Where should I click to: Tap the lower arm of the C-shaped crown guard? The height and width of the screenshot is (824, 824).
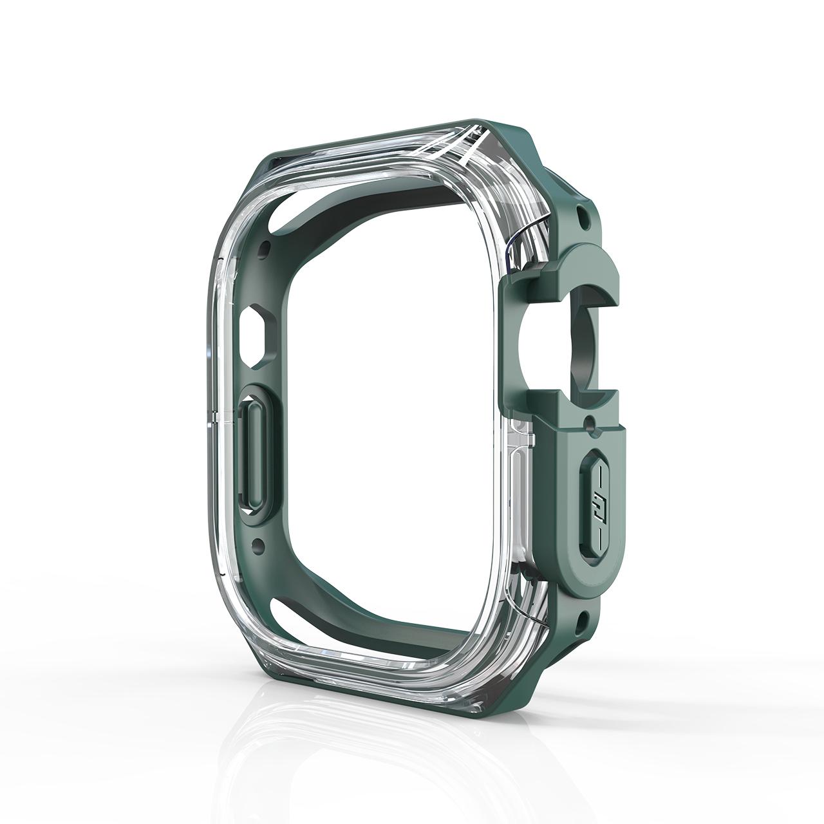(x=579, y=399)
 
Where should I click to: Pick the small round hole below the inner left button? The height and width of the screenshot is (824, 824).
(x=259, y=545)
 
